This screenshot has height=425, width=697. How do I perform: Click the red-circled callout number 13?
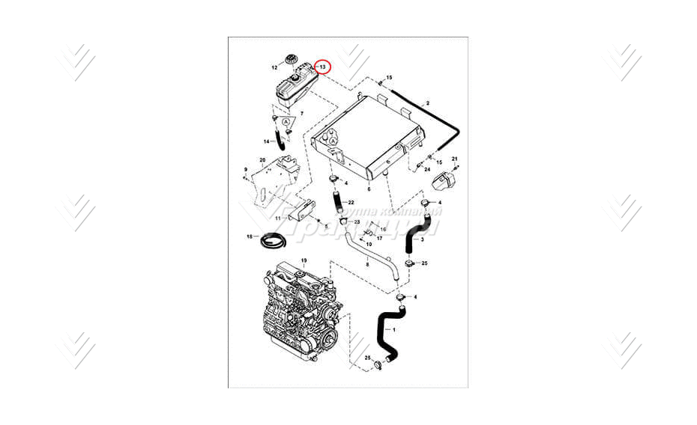click(322, 67)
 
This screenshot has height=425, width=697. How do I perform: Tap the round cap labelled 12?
click(291, 61)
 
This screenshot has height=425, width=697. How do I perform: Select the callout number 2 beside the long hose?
click(427, 103)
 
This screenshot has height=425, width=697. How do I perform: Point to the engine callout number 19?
click(304, 260)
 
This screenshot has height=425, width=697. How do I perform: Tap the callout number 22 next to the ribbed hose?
click(351, 203)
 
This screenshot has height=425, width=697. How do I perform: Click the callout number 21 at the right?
click(454, 159)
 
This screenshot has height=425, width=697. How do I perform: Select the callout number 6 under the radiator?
click(369, 190)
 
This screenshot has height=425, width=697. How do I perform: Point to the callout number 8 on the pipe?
click(367, 264)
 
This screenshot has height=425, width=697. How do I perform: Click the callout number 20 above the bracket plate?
click(262, 160)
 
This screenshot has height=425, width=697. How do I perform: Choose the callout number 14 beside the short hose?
click(266, 141)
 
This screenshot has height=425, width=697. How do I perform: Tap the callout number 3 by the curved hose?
click(422, 240)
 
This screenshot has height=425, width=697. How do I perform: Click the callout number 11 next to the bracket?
click(277, 218)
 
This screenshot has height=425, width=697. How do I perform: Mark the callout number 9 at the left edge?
click(245, 171)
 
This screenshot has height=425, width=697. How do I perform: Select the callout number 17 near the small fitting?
click(379, 238)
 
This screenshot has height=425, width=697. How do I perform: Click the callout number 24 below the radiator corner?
click(427, 170)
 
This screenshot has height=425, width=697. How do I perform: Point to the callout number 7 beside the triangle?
click(301, 113)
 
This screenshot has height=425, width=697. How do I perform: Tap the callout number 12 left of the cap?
click(274, 67)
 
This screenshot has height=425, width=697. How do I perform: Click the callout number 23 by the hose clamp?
click(357, 222)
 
